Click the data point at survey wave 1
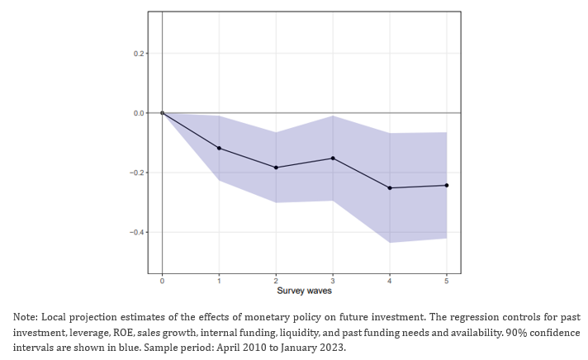click(x=219, y=148)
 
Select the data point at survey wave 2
click(x=276, y=168)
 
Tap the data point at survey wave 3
click(x=333, y=159)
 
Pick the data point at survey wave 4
click(x=390, y=188)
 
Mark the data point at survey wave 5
click(x=446, y=185)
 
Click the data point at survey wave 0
click(x=163, y=113)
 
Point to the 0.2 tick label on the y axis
click(x=139, y=54)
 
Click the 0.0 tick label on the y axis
click(x=139, y=113)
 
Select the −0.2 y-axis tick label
click(x=137, y=173)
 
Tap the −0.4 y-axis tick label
click(x=137, y=232)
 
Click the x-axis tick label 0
click(x=162, y=281)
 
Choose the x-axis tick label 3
click(x=333, y=281)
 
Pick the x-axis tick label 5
click(x=446, y=281)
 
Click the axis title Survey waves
click(x=304, y=291)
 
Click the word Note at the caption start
click(x=25, y=317)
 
